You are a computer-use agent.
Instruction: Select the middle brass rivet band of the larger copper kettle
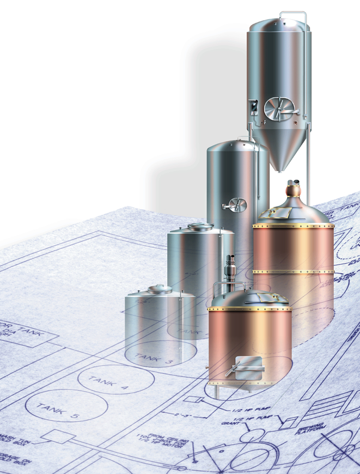coord(293,271)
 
